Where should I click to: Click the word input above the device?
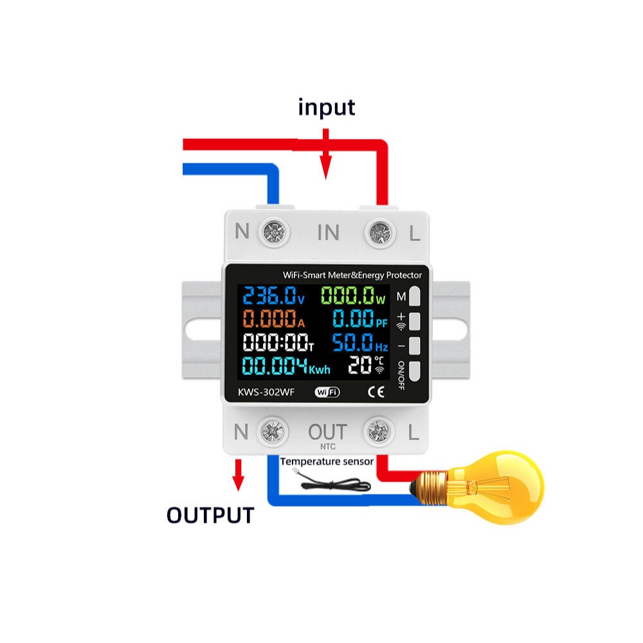click(327, 108)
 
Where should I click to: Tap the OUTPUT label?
click(210, 515)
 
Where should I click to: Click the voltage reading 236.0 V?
click(273, 295)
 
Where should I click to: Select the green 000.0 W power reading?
click(353, 295)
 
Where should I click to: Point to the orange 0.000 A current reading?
click(274, 319)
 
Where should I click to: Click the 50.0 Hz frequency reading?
click(359, 343)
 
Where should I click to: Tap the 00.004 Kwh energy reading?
click(286, 366)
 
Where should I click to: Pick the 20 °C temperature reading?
click(367, 365)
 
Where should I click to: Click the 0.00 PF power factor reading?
click(359, 319)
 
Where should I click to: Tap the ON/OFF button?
click(415, 372)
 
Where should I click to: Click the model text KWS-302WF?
click(266, 392)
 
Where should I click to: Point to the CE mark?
click(376, 392)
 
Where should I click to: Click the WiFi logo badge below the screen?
click(327, 392)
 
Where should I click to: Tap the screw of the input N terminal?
click(274, 233)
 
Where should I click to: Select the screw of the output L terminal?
click(379, 431)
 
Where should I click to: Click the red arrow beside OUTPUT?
click(239, 475)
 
